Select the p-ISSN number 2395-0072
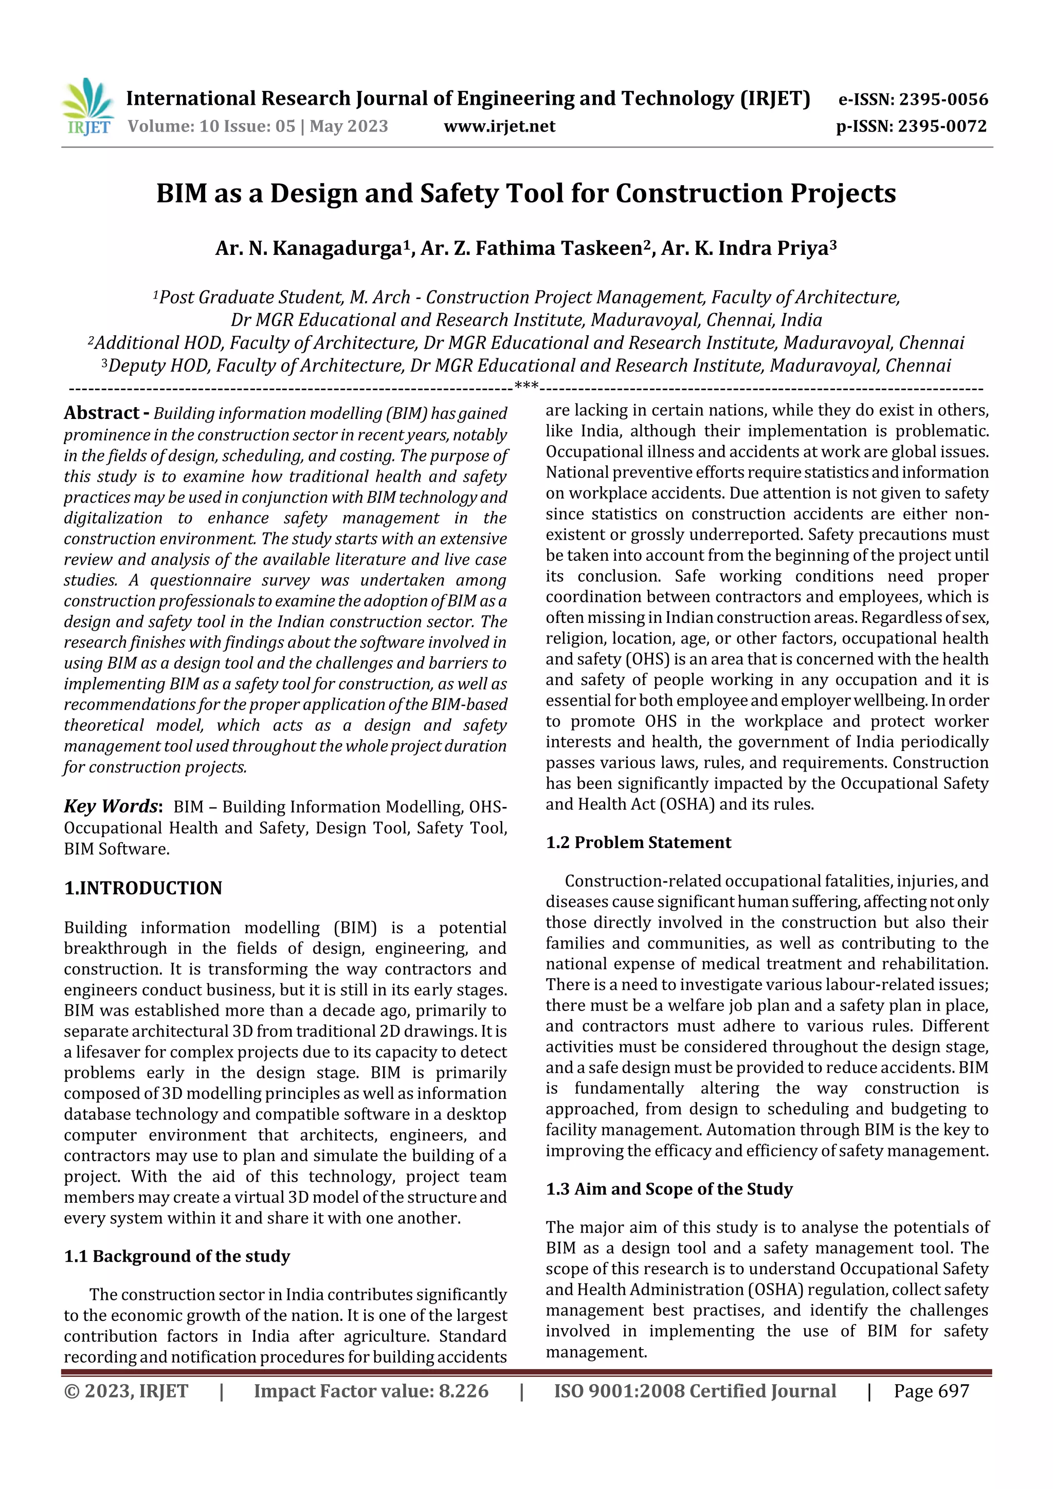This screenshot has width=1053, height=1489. pyautogui.click(x=942, y=126)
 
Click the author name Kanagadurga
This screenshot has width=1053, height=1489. pyautogui.click(x=337, y=248)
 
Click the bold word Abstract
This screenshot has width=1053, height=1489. pyautogui.click(x=102, y=413)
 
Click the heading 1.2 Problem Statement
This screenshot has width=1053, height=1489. pyautogui.click(x=639, y=842)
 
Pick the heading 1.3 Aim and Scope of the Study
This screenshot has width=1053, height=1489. pyautogui.click(x=669, y=1189)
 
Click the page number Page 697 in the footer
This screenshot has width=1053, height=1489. pyautogui.click(x=931, y=1390)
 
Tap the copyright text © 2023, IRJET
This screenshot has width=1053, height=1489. pyautogui.click(x=126, y=1390)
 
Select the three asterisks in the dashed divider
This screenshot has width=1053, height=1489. pyautogui.click(x=526, y=387)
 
